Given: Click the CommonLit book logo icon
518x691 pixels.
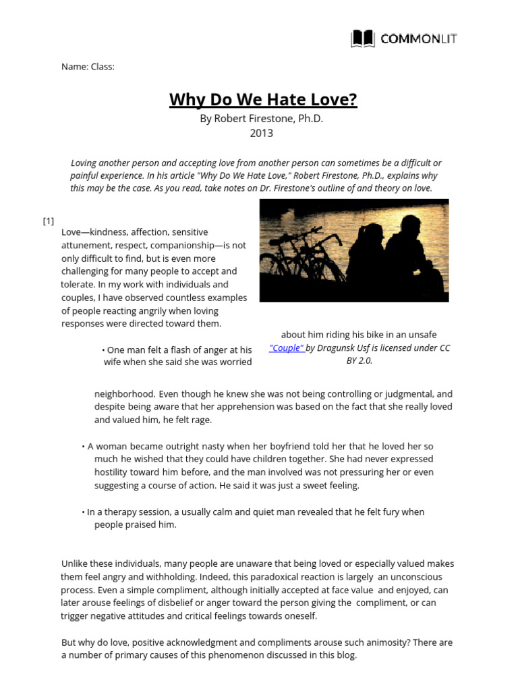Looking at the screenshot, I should click(363, 39).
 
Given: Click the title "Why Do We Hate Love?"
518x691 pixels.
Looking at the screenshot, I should click(263, 101).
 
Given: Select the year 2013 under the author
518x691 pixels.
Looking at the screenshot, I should click(262, 133).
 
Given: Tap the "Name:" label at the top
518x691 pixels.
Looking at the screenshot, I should click(75, 67).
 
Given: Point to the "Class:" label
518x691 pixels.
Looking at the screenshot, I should click(103, 67).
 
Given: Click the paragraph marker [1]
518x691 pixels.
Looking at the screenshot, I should click(49, 221).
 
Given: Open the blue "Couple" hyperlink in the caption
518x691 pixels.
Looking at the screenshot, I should click(287, 348).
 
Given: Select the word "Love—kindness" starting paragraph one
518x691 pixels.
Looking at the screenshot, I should click(90, 232).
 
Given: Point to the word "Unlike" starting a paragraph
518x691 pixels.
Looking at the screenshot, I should click(75, 564).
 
